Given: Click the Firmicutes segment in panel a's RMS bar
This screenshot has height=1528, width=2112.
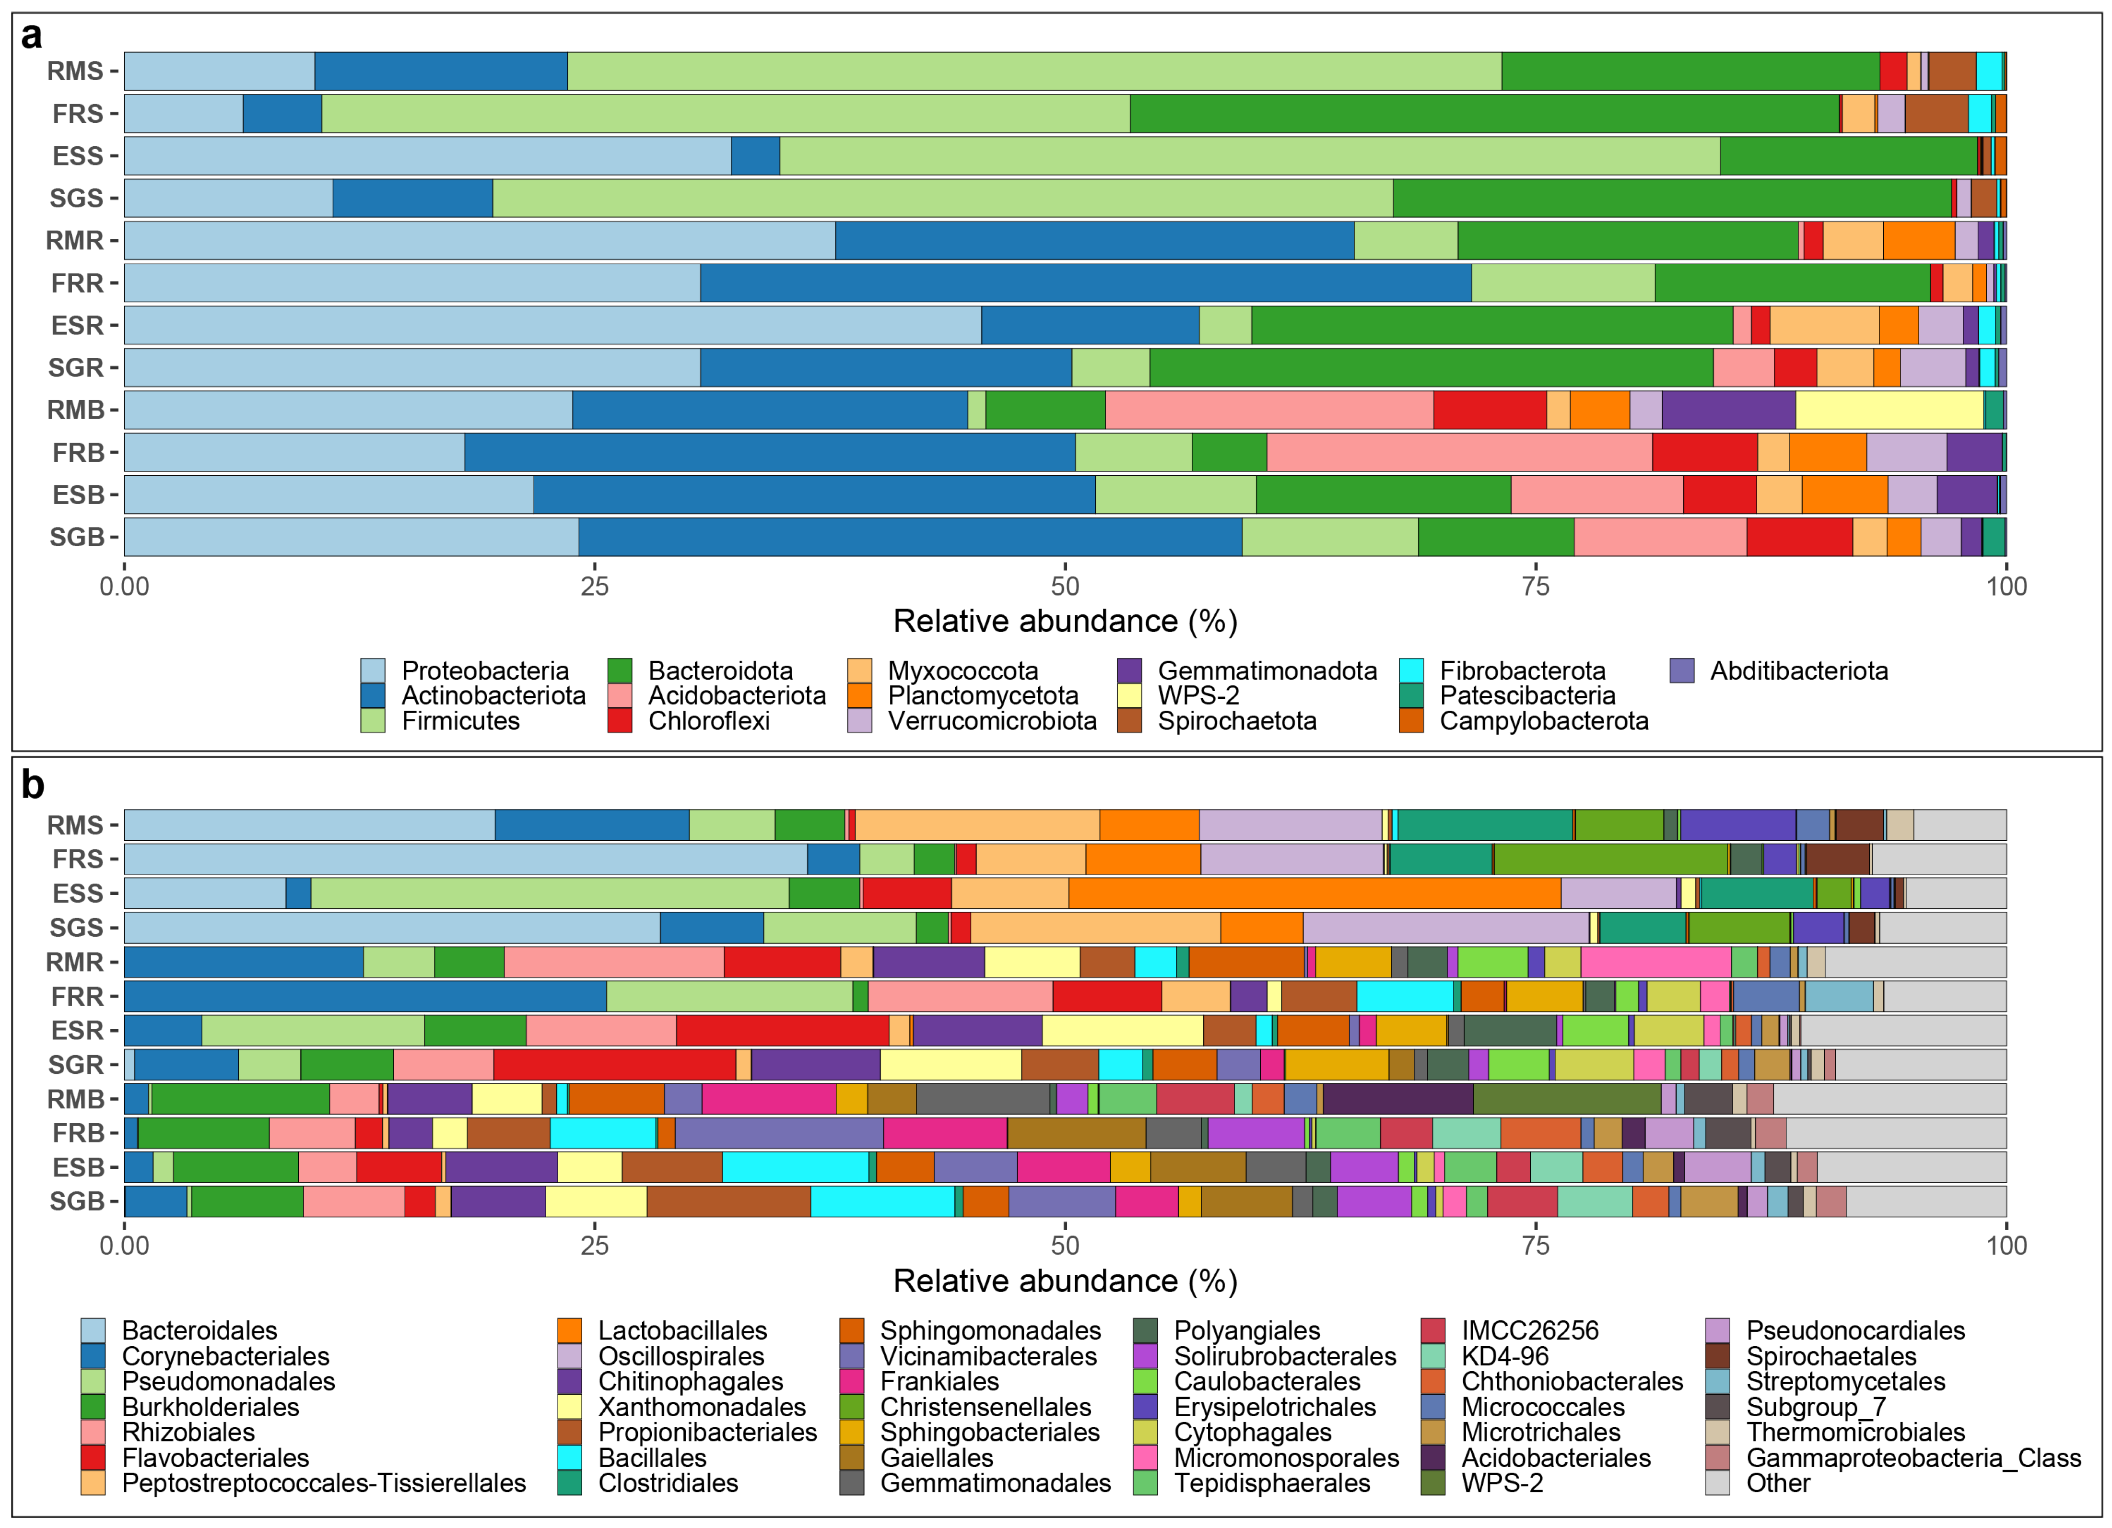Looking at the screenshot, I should click(x=1033, y=71).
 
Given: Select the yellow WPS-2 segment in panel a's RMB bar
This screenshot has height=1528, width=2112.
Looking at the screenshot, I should click(x=1889, y=410).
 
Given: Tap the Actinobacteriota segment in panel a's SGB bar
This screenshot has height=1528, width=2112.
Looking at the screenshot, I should click(x=910, y=537).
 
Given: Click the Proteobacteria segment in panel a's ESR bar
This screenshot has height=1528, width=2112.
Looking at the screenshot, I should click(x=552, y=325).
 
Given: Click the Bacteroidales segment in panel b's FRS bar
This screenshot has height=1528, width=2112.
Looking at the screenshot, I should click(x=466, y=858).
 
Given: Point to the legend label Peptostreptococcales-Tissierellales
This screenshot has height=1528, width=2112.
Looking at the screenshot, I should click(x=323, y=1483).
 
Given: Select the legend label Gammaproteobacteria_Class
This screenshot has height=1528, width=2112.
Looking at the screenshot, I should click(x=1913, y=1458).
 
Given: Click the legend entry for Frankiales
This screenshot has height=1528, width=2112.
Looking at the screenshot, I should click(x=939, y=1382).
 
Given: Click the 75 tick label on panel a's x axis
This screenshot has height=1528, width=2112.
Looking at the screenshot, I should click(x=1536, y=587).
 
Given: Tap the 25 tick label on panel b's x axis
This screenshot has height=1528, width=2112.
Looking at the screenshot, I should click(x=594, y=1246).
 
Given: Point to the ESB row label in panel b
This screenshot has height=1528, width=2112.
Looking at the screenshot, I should click(x=77, y=1167).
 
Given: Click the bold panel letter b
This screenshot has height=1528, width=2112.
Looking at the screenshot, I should click(x=33, y=785).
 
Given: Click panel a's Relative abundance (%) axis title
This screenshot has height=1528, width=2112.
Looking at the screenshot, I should click(x=1064, y=621).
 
